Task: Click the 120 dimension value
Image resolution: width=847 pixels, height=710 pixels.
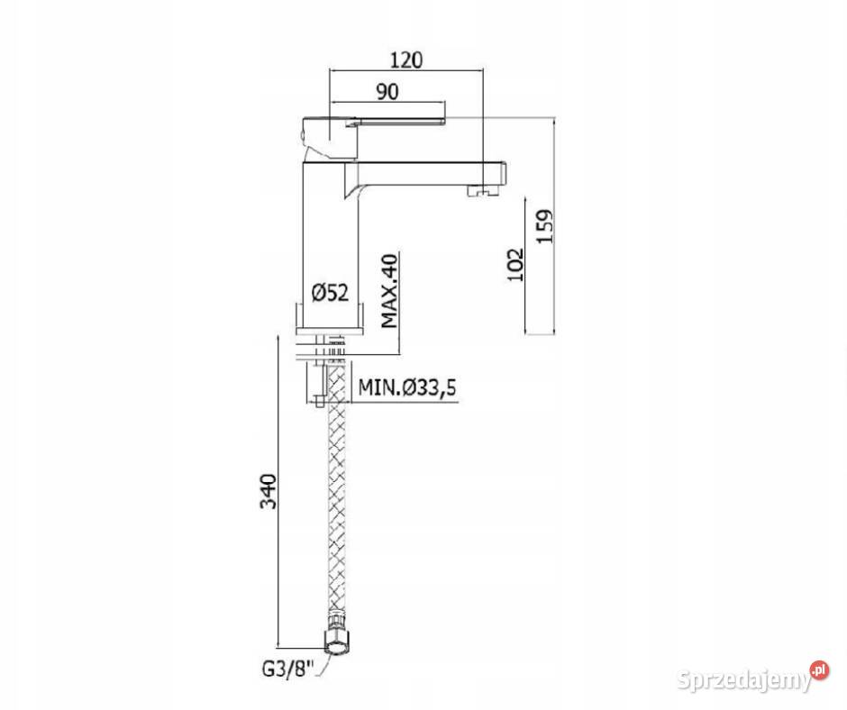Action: [406, 59]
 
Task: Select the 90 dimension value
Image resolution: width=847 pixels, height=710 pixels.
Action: [387, 92]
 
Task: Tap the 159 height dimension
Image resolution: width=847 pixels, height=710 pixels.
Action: [545, 226]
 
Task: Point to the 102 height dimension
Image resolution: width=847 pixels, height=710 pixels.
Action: [516, 264]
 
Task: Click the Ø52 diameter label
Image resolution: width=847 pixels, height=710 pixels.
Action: [330, 293]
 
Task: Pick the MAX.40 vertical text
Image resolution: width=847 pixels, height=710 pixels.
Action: [389, 291]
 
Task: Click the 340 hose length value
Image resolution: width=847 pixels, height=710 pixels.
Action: [269, 491]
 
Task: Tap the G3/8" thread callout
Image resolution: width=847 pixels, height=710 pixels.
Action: [288, 669]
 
